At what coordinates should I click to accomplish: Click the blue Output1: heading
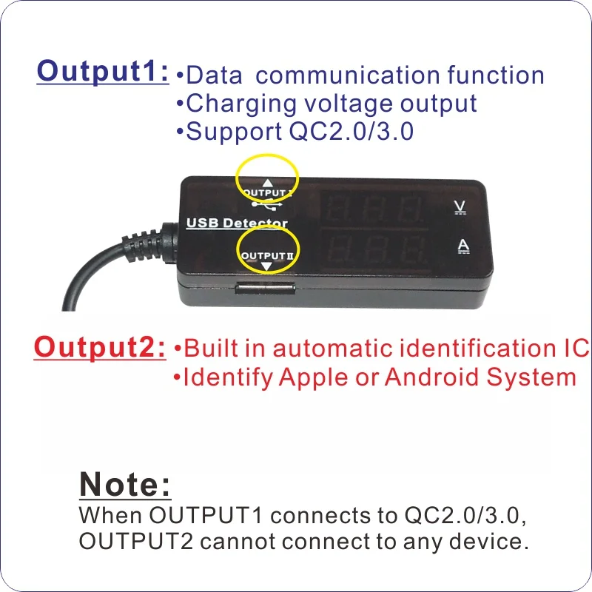pos(103,72)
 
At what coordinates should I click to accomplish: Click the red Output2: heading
pos(100,346)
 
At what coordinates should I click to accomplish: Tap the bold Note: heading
pos(124,485)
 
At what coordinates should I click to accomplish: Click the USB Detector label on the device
pos(237,223)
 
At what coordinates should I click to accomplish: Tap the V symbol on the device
pos(460,206)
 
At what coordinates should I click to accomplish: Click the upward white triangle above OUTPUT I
pos(267,181)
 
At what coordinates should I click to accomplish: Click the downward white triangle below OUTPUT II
pos(267,265)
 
